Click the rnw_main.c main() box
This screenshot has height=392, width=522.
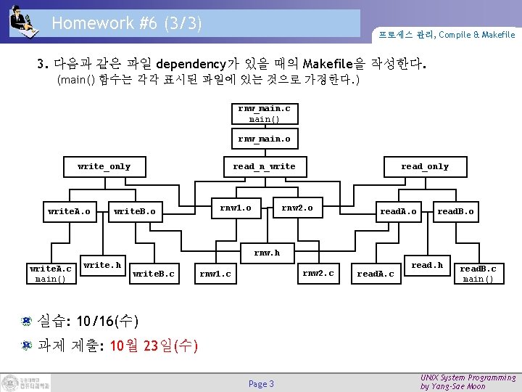(x=265, y=114)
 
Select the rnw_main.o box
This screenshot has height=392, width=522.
(x=265, y=138)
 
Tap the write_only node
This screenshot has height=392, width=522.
(x=104, y=167)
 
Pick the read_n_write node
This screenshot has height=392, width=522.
(x=264, y=167)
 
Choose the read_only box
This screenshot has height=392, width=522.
(x=425, y=167)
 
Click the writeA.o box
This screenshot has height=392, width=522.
(x=69, y=212)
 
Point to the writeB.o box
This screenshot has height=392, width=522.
(x=135, y=212)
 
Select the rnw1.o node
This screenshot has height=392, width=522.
(x=236, y=208)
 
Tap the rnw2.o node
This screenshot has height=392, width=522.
(x=297, y=208)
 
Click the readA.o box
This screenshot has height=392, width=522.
(x=399, y=212)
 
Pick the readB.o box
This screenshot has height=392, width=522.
(x=455, y=212)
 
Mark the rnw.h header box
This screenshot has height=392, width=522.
(x=267, y=253)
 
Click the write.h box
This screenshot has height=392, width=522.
(x=102, y=266)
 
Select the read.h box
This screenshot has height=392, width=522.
(x=427, y=266)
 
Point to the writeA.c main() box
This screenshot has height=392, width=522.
(x=51, y=274)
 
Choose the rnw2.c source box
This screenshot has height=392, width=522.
(x=318, y=274)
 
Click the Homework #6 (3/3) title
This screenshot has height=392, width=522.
(x=127, y=23)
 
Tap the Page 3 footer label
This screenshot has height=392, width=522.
(x=261, y=383)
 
